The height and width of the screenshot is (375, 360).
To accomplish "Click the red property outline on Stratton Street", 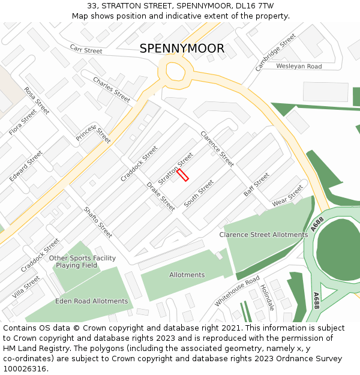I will click(182, 175).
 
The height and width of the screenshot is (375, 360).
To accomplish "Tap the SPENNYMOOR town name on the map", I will click(182, 49).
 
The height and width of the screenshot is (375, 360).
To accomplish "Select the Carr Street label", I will click(86, 49).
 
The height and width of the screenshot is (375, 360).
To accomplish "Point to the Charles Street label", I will click(111, 89).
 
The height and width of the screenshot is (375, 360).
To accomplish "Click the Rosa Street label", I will click(37, 101).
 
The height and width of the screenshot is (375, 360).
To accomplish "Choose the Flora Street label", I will click(23, 122).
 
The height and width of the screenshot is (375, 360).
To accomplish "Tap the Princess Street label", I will click(94, 134).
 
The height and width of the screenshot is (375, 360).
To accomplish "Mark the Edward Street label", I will click(26, 166).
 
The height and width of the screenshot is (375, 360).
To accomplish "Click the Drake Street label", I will click(161, 196).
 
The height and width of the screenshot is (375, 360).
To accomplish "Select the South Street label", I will click(199, 194).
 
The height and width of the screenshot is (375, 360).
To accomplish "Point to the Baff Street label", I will click(256, 185).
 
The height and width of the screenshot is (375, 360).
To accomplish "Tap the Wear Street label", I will click(287, 196).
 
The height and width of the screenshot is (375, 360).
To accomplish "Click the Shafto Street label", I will click(98, 222).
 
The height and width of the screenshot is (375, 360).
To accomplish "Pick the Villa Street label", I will click(26, 287).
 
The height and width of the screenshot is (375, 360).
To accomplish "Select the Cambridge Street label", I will click(275, 52).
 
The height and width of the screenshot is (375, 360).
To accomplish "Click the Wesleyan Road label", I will click(299, 66).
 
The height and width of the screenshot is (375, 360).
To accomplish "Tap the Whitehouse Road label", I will click(237, 291).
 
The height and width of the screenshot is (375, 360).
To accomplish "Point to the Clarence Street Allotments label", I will click(263, 235).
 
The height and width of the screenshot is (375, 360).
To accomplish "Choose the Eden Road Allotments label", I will click(91, 301).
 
